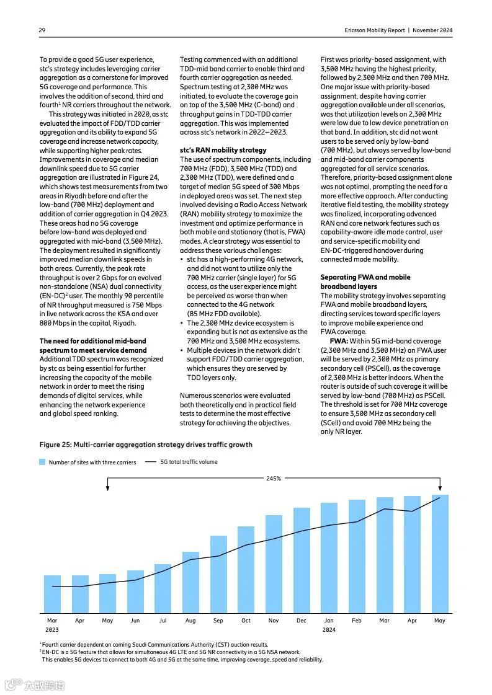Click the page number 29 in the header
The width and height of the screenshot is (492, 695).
42,30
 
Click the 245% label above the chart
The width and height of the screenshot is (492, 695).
274,478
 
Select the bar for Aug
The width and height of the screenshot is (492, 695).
190,582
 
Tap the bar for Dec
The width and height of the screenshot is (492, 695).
302,560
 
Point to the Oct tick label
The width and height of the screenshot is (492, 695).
246,620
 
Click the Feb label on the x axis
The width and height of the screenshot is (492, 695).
357,620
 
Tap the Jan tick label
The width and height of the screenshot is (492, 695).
329,620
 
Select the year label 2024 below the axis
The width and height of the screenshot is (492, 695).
329,629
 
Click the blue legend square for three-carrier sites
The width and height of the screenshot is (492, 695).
42,462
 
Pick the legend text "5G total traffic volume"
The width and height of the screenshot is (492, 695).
189,462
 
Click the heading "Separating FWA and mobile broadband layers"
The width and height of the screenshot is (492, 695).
365,281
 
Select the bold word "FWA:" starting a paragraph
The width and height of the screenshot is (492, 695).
339,341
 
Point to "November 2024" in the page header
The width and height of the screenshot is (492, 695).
433,30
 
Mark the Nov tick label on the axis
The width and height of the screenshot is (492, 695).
274,620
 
